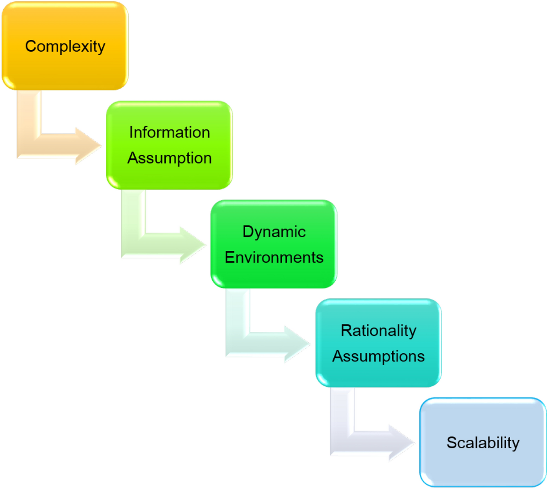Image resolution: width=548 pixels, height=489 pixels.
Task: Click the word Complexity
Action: click(x=65, y=46)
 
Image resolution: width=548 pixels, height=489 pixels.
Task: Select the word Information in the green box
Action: click(x=169, y=132)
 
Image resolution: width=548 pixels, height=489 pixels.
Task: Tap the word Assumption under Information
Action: click(x=169, y=158)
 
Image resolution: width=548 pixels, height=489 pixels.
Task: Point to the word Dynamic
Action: click(x=274, y=231)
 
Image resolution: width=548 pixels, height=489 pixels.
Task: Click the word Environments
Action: click(x=274, y=257)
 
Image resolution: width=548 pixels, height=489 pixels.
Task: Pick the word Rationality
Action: click(x=379, y=330)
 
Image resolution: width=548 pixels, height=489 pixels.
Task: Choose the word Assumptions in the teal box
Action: click(x=379, y=356)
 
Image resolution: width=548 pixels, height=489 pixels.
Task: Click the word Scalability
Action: click(x=483, y=442)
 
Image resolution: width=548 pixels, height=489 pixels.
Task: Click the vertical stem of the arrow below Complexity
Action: click(x=29, y=114)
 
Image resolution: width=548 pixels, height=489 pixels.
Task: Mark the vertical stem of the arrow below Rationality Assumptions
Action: click(x=342, y=411)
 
